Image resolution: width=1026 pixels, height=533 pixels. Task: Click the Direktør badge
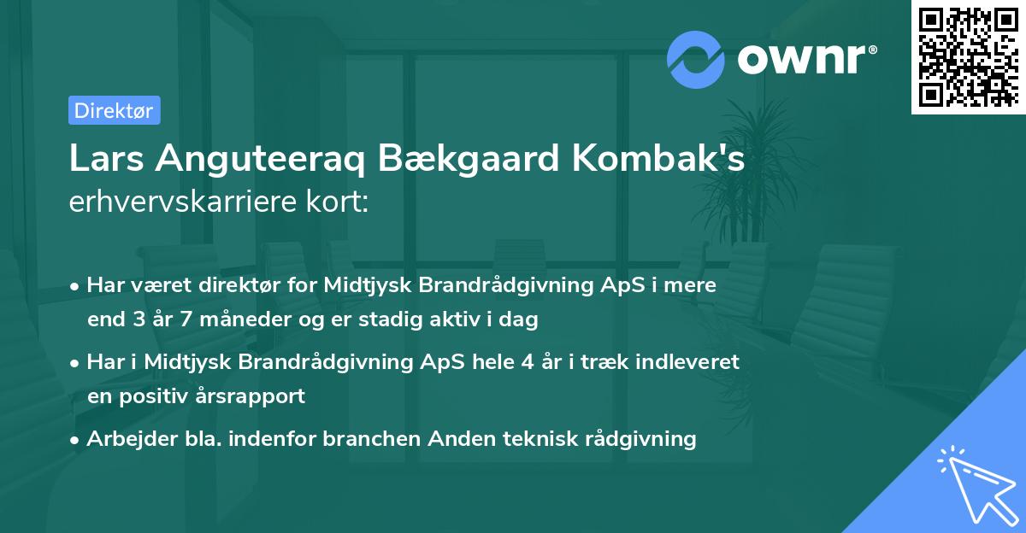point(114,110)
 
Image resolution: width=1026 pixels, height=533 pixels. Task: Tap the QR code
point(967,56)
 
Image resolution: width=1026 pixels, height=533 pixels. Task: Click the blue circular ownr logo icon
point(695,59)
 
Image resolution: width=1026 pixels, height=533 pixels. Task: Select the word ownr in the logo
point(805,59)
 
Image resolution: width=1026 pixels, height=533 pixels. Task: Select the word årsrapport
point(256,396)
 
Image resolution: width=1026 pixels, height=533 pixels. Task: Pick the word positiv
point(165,396)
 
